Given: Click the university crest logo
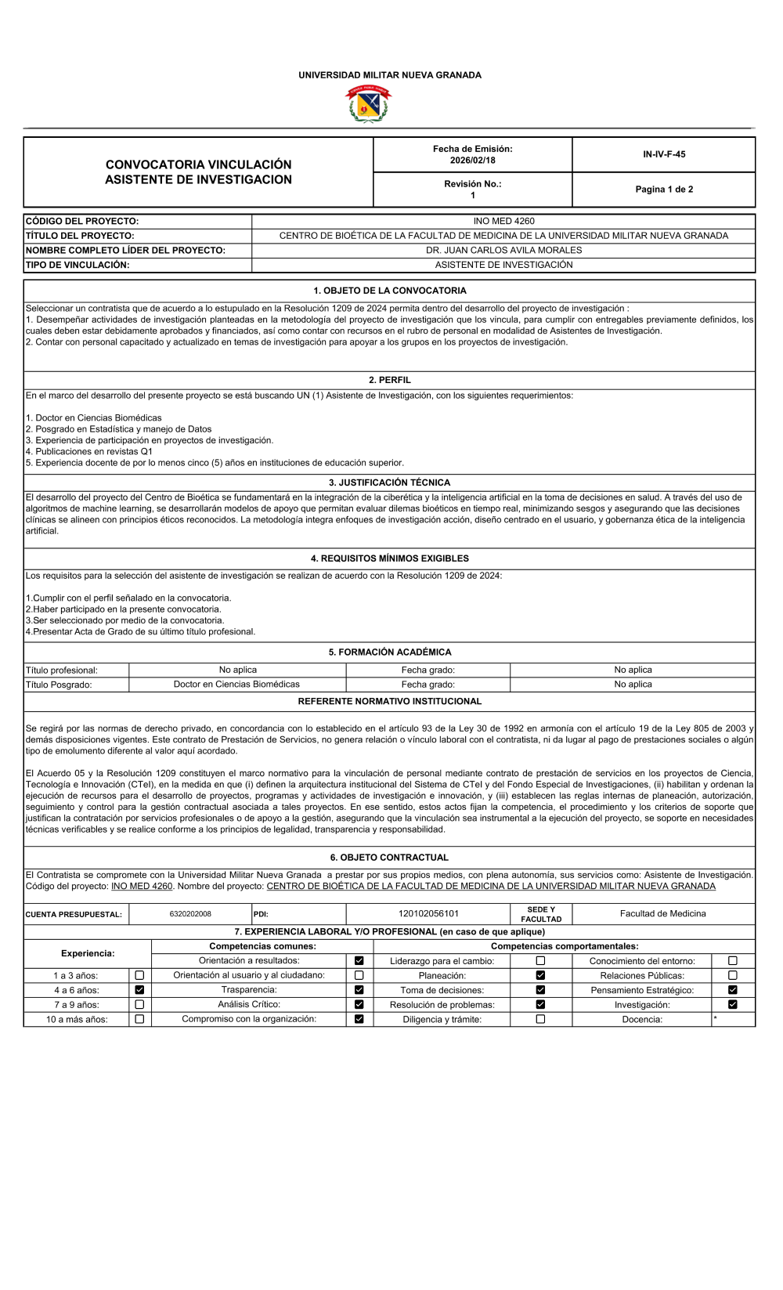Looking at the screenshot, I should [368, 104].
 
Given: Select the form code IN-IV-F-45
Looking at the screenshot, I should [664, 154].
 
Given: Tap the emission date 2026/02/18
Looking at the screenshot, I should [472, 160].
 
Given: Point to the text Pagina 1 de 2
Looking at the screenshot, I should [664, 190].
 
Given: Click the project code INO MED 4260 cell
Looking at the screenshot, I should [503, 222].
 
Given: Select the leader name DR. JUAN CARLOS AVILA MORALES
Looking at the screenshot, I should [503, 251].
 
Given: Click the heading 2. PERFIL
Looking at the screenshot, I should [389, 380].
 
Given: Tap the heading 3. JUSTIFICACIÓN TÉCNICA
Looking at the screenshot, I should [389, 482].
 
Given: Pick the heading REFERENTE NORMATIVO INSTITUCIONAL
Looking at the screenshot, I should [389, 702].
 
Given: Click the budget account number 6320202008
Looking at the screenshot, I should [190, 914].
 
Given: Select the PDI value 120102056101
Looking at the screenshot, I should [428, 914].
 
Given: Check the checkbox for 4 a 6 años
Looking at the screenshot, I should [139, 990].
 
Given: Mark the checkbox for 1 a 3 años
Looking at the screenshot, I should [139, 976].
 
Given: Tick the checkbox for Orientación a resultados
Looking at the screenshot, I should [359, 961].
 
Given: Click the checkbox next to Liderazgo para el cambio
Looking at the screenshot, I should [540, 961].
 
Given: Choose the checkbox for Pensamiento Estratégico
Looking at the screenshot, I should [733, 990].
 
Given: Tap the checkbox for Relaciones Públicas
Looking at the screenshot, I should [733, 976].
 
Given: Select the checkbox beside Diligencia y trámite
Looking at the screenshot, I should [540, 1020].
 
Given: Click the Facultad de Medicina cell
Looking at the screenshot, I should [662, 914].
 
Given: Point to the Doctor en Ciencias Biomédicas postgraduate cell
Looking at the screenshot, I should [236, 685].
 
